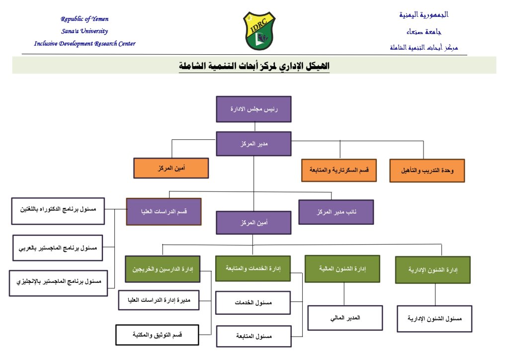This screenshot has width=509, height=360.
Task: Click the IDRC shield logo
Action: click(259, 31)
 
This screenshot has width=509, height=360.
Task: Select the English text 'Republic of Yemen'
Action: click(85, 19)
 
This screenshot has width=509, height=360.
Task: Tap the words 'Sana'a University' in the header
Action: click(85, 31)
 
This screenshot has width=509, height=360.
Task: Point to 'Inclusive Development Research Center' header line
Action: click(85, 44)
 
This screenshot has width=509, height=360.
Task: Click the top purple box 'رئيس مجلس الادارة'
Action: click(254, 109)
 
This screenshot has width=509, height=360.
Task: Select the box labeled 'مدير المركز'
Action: click(254, 144)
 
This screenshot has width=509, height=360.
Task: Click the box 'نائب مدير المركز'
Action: click(336, 212)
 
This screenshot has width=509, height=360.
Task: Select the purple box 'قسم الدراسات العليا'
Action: click(164, 211)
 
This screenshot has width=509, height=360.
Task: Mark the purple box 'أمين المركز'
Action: click(254, 222)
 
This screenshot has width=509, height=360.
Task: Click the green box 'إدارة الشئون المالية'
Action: click(342, 269)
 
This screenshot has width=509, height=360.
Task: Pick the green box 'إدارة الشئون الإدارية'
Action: click(432, 270)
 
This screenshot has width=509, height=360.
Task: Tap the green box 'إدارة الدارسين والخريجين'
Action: click(162, 270)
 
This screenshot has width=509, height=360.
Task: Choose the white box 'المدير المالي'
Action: click(345, 318)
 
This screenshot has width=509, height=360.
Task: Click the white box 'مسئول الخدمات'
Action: click(253, 303)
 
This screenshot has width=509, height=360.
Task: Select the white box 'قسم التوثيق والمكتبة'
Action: click(157, 335)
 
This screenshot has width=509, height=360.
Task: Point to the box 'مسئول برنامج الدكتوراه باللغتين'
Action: click(58, 211)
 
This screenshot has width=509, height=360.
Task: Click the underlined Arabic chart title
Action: click(254, 66)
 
